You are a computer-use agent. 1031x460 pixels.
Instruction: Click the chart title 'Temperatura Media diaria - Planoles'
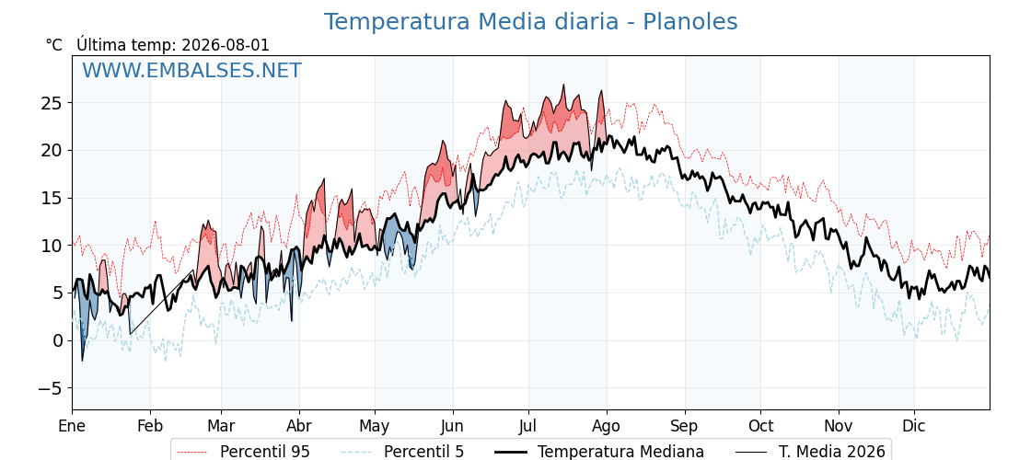530,22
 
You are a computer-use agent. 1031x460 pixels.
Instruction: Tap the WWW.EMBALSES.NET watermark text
192,70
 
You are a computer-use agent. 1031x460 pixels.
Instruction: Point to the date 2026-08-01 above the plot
226,45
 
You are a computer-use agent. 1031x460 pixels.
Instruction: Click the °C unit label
54,45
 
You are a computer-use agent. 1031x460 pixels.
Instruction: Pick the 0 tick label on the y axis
58,341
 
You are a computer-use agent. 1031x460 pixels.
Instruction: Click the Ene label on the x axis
72,426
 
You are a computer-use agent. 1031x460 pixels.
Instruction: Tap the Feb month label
150,426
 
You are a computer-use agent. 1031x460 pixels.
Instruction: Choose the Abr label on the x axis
299,426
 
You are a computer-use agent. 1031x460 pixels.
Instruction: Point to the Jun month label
452,426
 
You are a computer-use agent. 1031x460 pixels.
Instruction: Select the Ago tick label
606,426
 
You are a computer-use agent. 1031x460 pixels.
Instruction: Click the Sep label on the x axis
684,426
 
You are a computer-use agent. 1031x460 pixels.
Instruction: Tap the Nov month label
839,426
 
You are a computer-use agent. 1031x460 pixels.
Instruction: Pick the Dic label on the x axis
913,426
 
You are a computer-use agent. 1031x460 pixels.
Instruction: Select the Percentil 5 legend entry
403,452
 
